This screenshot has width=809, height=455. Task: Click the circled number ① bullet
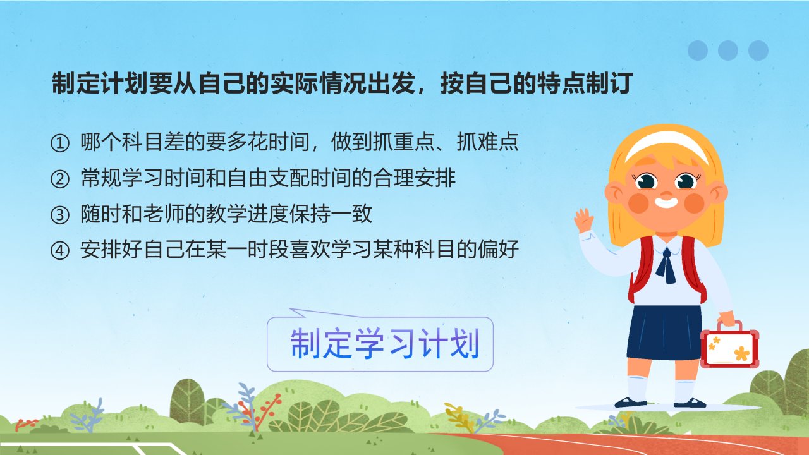tap(59, 143)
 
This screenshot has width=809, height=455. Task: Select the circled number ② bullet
tap(59, 179)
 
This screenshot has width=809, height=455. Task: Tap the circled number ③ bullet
tap(59, 215)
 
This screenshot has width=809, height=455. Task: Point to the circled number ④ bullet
tap(59, 251)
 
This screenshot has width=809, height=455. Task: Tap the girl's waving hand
tap(583, 220)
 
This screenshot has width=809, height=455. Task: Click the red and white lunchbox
tap(729, 346)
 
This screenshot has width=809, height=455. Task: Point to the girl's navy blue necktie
tap(666, 265)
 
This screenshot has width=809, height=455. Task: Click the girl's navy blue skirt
tap(664, 332)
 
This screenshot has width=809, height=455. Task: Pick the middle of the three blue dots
tap(727, 51)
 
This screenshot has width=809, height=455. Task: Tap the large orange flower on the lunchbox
tap(742, 353)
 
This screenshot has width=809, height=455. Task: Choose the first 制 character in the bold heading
tap(64, 83)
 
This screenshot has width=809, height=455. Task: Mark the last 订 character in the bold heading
tap(621, 83)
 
